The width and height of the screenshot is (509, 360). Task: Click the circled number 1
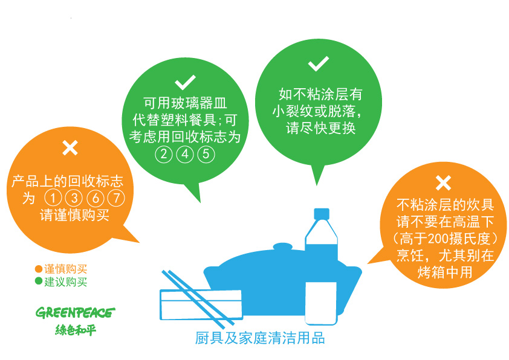[x=53, y=198]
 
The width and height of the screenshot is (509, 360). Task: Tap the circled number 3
[x=74, y=198]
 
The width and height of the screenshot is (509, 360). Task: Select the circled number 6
[x=96, y=198]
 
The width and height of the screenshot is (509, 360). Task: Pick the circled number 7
[x=116, y=198]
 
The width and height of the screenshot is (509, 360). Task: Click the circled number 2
[x=164, y=154]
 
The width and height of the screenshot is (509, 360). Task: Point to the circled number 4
[x=185, y=154]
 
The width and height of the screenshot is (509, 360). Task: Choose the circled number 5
[x=206, y=154]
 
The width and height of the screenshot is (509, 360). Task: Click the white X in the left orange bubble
[x=70, y=148]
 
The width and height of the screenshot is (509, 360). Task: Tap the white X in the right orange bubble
[x=444, y=183]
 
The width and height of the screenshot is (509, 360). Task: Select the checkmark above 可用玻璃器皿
[x=185, y=82]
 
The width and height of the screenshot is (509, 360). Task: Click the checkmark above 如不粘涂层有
[x=319, y=63]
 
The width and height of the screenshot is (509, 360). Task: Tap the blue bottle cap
[x=322, y=214]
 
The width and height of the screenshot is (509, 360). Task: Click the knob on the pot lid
[x=283, y=247]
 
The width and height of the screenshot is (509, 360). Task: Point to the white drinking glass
[x=321, y=303]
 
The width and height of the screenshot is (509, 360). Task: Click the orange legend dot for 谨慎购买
[x=39, y=269]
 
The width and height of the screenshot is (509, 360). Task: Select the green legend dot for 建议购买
[x=39, y=281]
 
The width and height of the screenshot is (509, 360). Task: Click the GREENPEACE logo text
[x=76, y=313]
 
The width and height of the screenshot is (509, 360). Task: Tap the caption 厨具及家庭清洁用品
[x=260, y=338]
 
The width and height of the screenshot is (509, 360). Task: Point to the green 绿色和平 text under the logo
[x=76, y=330]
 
